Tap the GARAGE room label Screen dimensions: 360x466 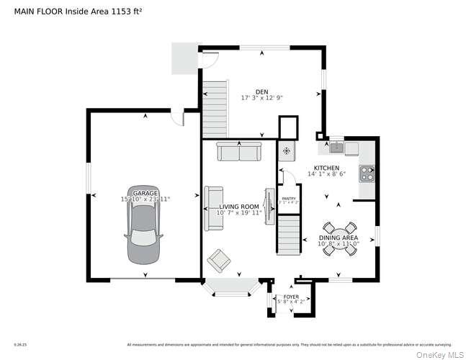click(145, 193)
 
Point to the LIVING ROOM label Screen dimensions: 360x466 click(238, 207)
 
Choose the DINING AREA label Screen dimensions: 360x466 click(338, 238)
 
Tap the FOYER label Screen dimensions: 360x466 click(291, 297)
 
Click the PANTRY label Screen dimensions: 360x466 click(288, 199)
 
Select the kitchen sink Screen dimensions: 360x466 click(336, 148)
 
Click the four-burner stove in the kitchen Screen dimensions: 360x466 click(367, 174)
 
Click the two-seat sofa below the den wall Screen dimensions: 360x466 click(238, 151)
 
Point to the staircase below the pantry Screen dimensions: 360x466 click(289, 236)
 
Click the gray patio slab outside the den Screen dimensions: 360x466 click(184, 58)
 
